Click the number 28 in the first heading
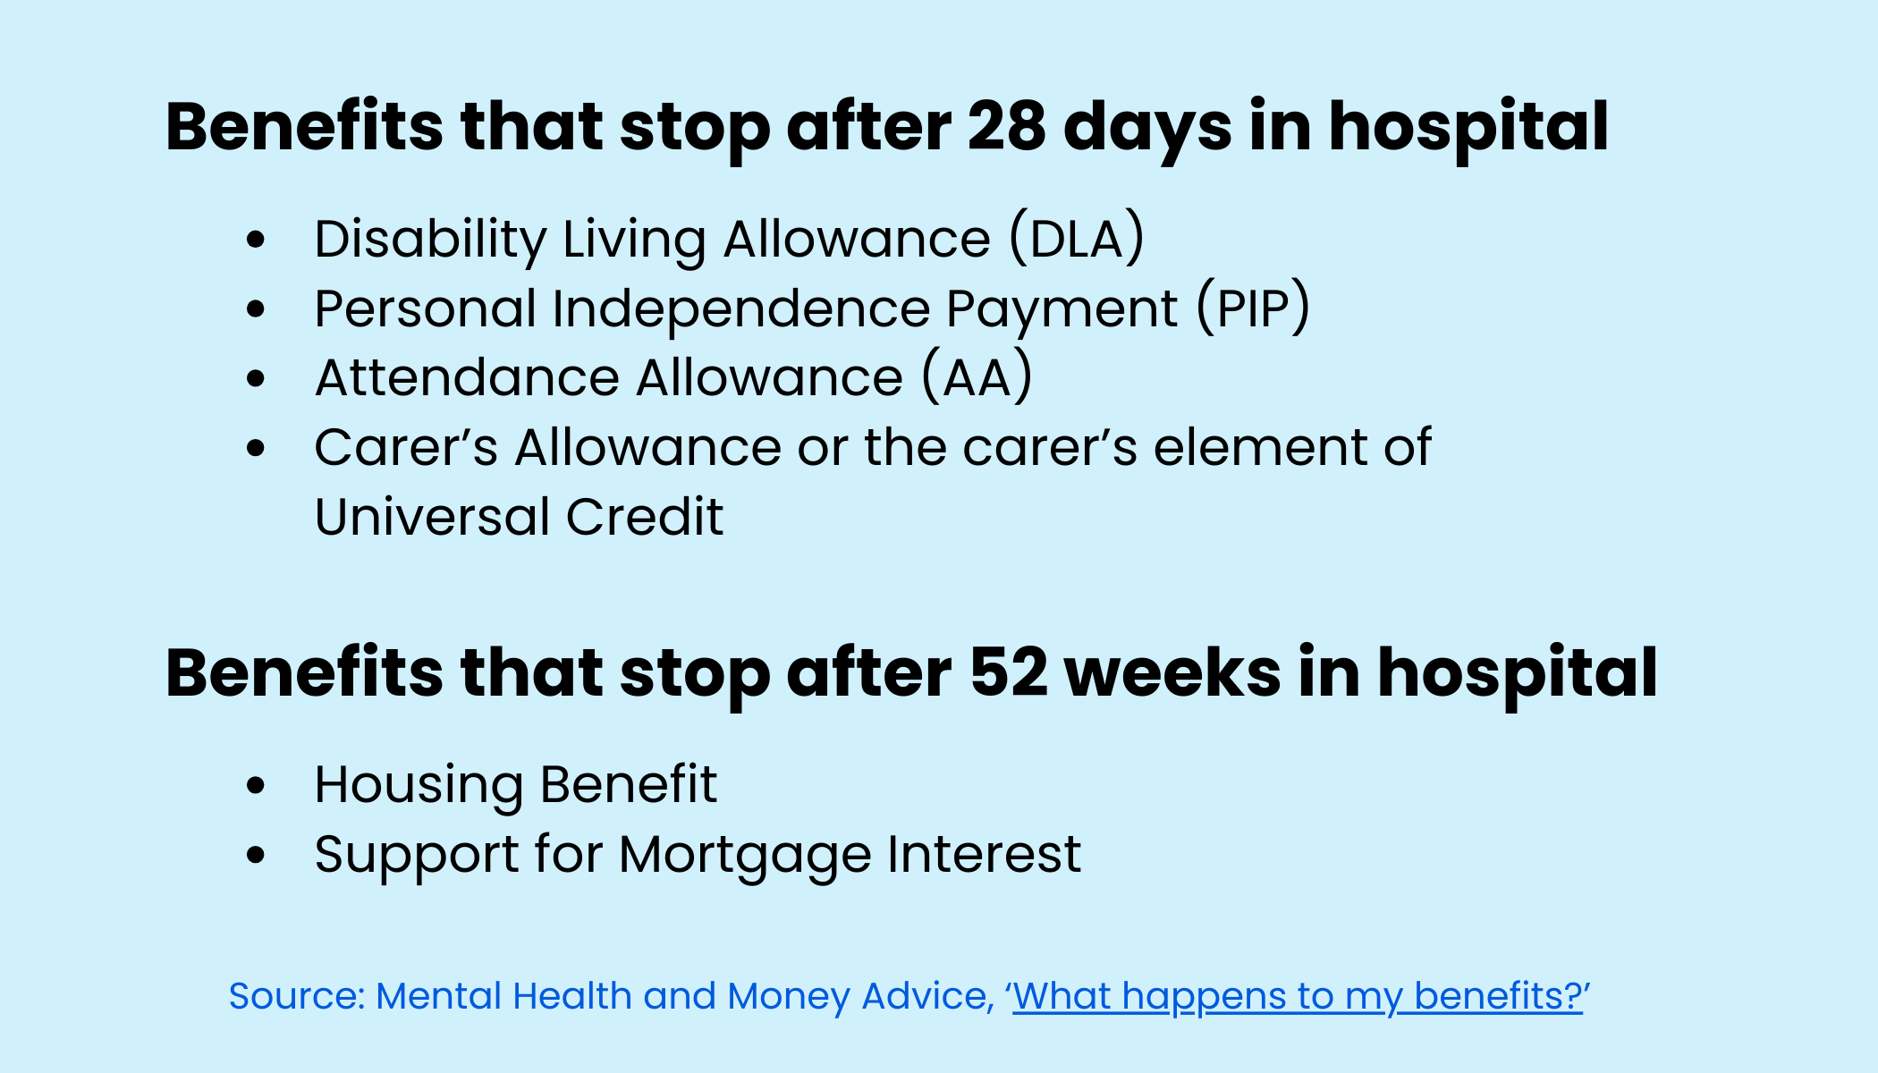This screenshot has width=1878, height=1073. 1006,127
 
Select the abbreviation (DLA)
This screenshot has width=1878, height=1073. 1077,239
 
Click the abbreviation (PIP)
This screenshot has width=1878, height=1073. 1254,308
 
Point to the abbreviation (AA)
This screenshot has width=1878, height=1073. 977,377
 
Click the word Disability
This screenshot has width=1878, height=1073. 430,239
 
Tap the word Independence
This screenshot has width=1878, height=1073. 741,308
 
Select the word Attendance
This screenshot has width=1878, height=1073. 468,377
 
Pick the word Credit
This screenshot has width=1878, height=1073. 644,517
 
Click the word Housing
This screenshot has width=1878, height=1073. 419,785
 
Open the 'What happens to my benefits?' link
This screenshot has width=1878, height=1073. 1298,996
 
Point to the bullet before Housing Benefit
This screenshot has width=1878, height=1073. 257,785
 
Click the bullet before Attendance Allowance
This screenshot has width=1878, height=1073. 257,378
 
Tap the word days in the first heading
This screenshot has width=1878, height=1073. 1147,127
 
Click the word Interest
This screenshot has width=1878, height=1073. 985,854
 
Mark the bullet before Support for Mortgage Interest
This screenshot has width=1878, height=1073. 257,855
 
